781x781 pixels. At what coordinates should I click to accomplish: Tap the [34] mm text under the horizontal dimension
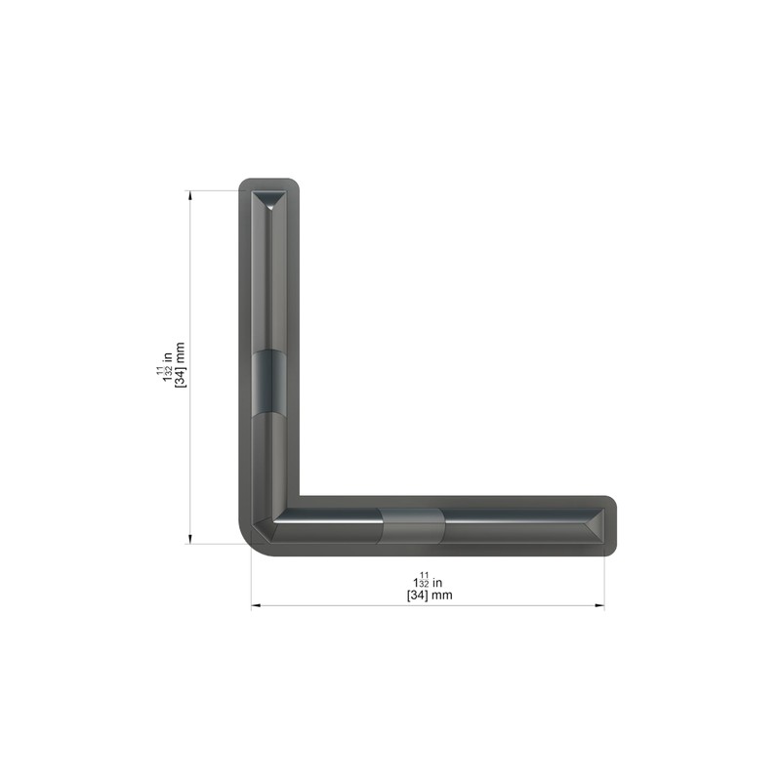click(429, 595)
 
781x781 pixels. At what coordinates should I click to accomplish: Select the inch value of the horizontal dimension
click(429, 580)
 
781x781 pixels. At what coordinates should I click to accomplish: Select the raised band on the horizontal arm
click(413, 526)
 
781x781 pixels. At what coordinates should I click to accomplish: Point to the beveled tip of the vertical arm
click(268, 202)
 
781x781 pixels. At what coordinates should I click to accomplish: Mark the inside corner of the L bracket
click(297, 496)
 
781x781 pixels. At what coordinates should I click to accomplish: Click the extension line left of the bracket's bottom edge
click(215, 544)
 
